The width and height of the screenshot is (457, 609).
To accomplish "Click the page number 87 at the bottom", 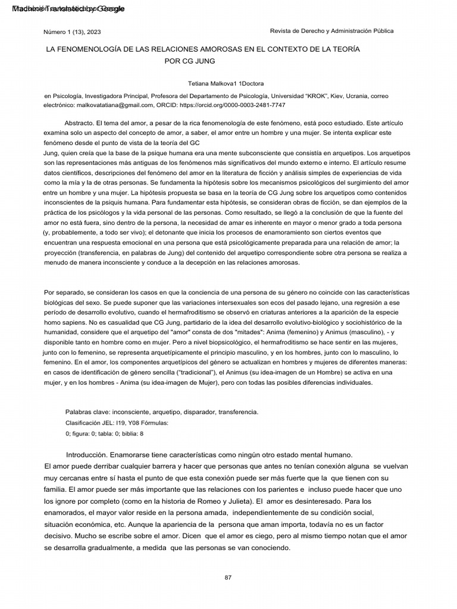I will pos(228,577).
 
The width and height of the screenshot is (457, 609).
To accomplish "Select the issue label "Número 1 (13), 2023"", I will pos(70,32).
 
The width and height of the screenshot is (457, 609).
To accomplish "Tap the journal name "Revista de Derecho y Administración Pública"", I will pos(331,31).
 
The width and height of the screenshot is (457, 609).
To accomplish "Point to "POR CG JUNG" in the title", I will pos(189,61).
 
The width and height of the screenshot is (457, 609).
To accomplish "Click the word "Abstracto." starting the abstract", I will pos(79,121).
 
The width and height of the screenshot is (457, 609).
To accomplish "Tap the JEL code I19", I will pos(120,422).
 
